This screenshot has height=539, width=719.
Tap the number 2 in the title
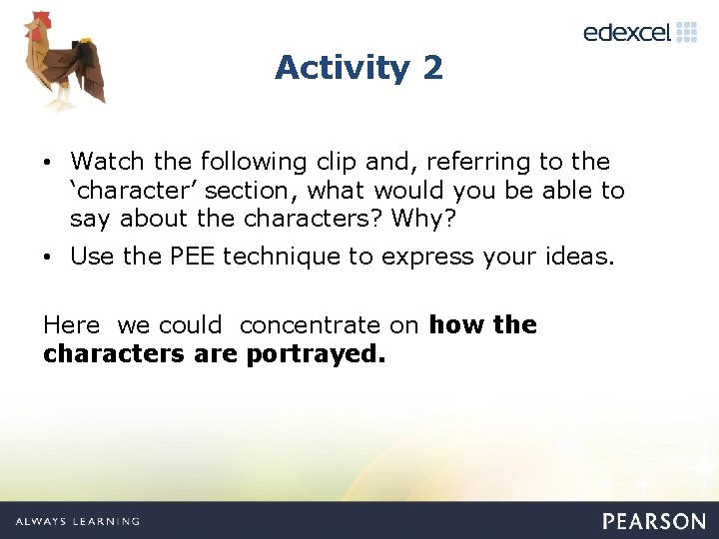pyautogui.click(x=432, y=68)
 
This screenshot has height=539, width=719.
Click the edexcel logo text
pyautogui.click(x=626, y=32)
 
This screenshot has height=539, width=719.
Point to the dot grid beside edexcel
pyautogui.click(x=686, y=32)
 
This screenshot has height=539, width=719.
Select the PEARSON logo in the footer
pyautogui.click(x=653, y=521)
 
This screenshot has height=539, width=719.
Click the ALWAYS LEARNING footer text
pyautogui.click(x=78, y=521)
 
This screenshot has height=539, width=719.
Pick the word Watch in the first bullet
pyautogui.click(x=107, y=161)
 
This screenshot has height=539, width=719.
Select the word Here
pyautogui.click(x=71, y=324)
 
